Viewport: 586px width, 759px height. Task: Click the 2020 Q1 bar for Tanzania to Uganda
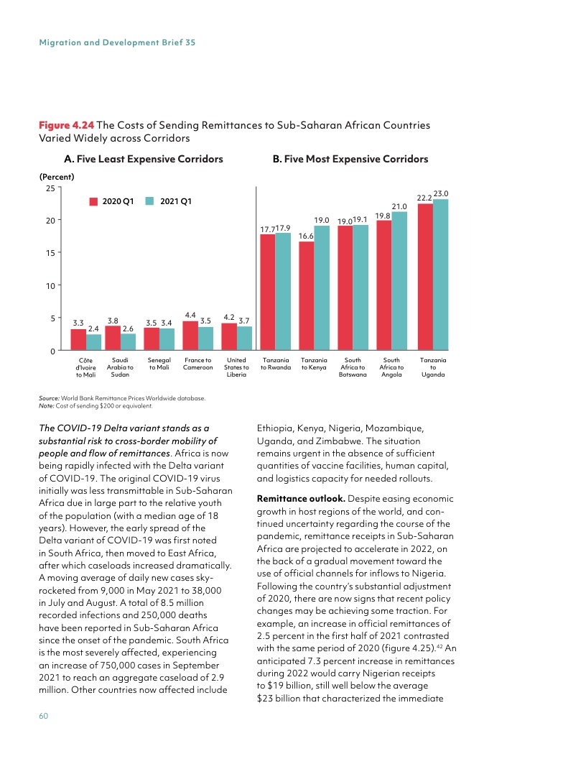pyautogui.click(x=425, y=277)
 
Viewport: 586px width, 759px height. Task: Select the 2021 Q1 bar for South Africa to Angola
pyautogui.click(x=399, y=280)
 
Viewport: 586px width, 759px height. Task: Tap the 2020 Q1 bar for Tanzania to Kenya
pyautogui.click(x=307, y=295)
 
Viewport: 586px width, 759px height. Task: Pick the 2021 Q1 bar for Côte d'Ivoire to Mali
pyautogui.click(x=93, y=342)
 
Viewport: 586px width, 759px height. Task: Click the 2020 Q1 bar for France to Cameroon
pyautogui.click(x=190, y=336)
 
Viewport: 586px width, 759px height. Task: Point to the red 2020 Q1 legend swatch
pyautogui.click(x=93, y=201)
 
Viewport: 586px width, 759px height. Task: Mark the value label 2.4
pyautogui.click(x=93, y=328)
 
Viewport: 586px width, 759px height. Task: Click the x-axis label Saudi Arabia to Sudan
pyautogui.click(x=120, y=367)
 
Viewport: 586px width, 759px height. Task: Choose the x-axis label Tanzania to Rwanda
pyautogui.click(x=276, y=363)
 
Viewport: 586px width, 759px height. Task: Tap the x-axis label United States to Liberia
pyautogui.click(x=236, y=367)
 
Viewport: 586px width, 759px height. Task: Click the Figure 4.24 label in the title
pyautogui.click(x=65, y=125)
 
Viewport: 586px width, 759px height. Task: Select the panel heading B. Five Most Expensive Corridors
pyautogui.click(x=350, y=159)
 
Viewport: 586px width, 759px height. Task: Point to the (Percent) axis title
pyautogui.click(x=58, y=175)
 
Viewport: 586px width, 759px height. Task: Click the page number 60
pyautogui.click(x=44, y=715)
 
